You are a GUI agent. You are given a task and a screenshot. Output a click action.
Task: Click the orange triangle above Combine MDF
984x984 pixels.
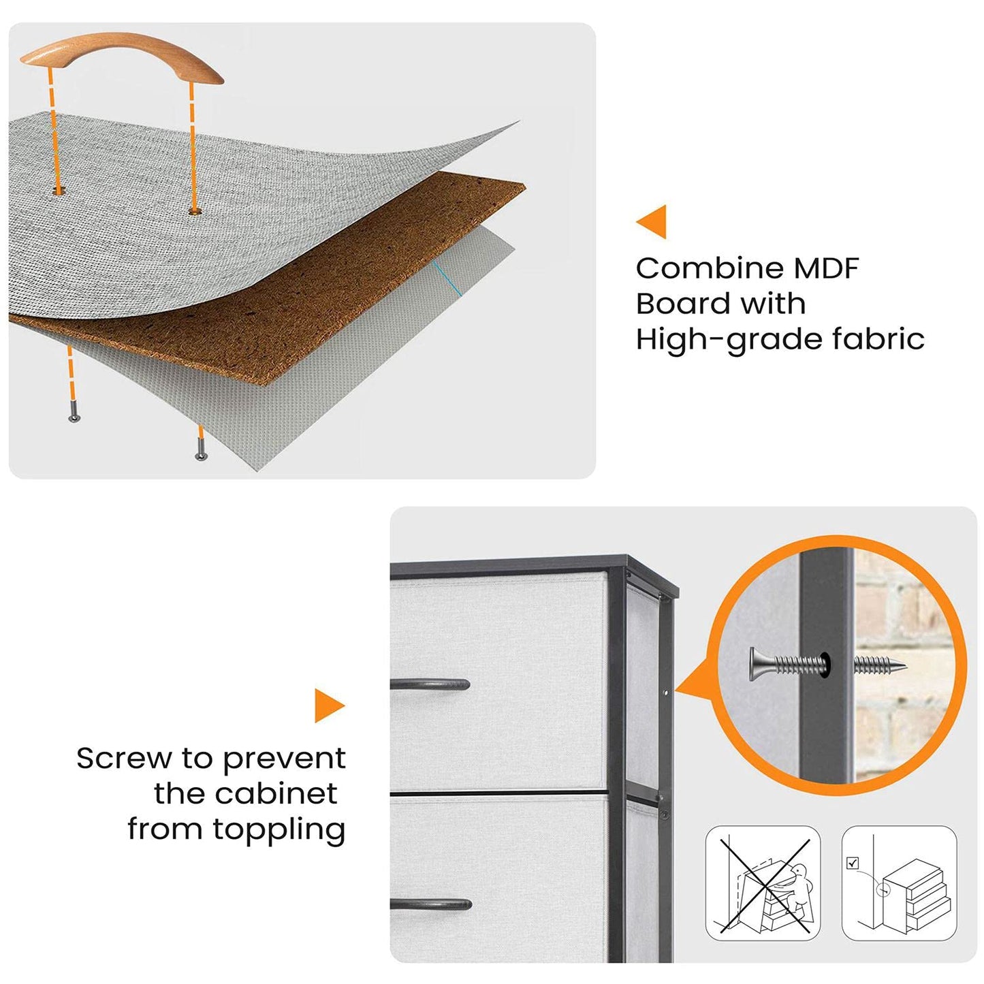652,221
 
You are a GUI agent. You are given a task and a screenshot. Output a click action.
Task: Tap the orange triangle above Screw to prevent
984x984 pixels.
330,705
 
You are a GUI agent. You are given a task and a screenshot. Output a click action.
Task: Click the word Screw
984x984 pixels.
124,759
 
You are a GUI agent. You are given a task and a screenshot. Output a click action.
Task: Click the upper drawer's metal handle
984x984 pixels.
430,684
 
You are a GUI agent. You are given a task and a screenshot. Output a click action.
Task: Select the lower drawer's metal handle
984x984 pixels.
432,904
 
